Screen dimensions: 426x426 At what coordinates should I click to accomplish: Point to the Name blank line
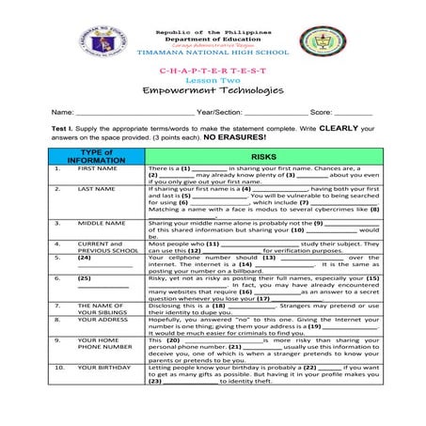(x=127, y=112)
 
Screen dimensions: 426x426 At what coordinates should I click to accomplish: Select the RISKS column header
(x=262, y=156)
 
